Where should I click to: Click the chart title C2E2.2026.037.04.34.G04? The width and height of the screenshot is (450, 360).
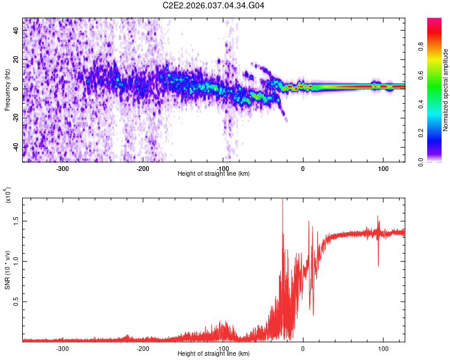(214, 5)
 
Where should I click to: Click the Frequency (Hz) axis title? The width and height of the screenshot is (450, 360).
(7, 90)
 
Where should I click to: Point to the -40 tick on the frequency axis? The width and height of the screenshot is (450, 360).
(16, 147)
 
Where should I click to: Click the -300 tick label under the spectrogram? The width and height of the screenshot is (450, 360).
(62, 168)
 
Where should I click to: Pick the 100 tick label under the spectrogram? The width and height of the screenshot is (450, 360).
(383, 168)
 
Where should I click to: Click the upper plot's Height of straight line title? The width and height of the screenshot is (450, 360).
(214, 174)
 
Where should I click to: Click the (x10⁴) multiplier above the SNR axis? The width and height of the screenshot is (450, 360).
(7, 196)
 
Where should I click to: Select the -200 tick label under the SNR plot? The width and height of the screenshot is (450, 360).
(143, 348)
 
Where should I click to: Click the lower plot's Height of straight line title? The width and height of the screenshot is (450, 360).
(214, 354)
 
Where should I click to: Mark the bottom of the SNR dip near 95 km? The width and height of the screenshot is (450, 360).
(378, 265)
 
